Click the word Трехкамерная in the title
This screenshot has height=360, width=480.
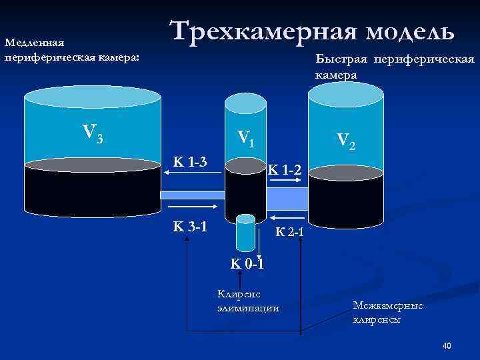[x=261, y=31]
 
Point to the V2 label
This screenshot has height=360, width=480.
[x=346, y=140]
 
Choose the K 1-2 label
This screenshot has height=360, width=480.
[x=285, y=172]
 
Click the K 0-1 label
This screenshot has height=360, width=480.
[x=247, y=263]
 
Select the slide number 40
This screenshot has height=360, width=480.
[x=447, y=345]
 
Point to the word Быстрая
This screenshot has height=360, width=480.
[x=342, y=60]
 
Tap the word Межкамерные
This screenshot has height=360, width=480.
[x=388, y=305]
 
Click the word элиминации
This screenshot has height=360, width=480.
[x=248, y=308]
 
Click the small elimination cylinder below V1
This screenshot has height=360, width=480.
[x=246, y=231]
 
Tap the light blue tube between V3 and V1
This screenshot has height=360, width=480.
[x=193, y=195]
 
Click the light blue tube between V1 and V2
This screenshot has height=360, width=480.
[x=287, y=198]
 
